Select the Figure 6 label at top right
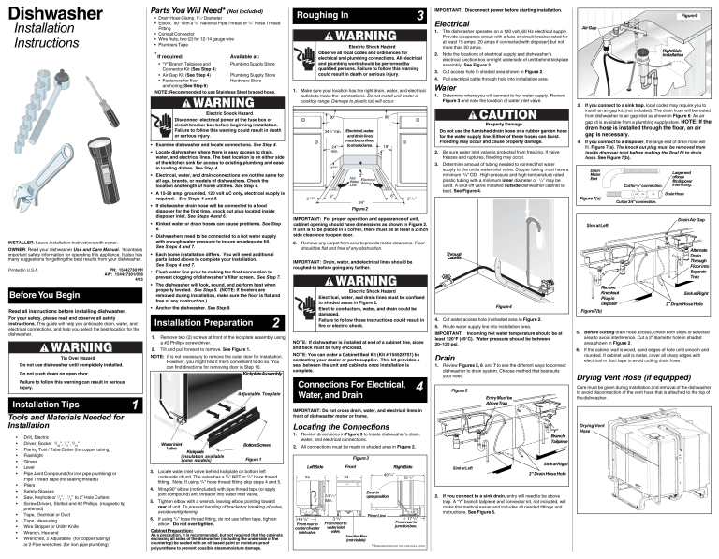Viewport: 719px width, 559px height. [x=690, y=17]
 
